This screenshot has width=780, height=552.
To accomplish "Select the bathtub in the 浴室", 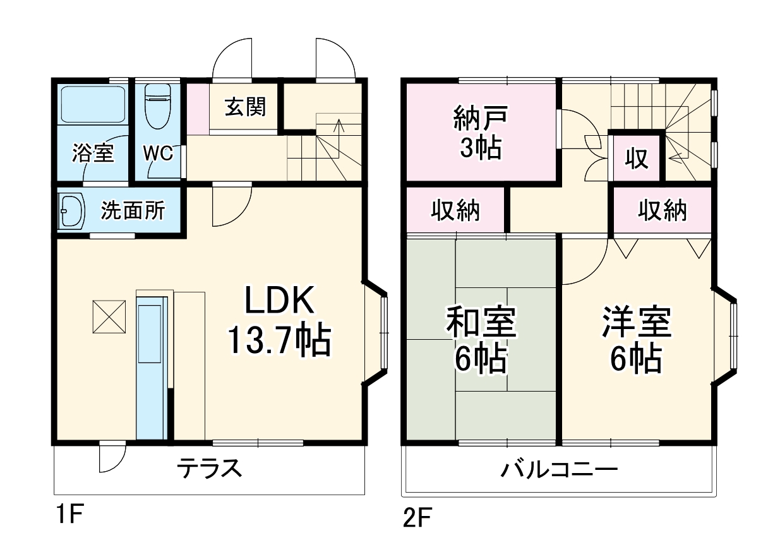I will pyautogui.click(x=93, y=104).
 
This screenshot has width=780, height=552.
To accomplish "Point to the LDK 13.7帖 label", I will pyautogui.click(x=279, y=322).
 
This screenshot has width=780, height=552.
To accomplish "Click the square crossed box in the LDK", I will pyautogui.click(x=110, y=316).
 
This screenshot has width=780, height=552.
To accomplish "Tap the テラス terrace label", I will pyautogui.click(x=209, y=469).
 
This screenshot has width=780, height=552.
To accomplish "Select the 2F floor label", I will pyautogui.click(x=417, y=519).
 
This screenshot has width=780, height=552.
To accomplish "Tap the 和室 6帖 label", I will pyautogui.click(x=481, y=340).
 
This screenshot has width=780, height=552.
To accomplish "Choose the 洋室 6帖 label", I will pyautogui.click(x=636, y=340).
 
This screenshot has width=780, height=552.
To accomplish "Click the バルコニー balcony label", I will pyautogui.click(x=560, y=469).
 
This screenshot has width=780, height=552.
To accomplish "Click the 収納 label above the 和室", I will pyautogui.click(x=456, y=210).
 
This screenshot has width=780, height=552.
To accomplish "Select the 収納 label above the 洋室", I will pyautogui.click(x=661, y=210).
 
